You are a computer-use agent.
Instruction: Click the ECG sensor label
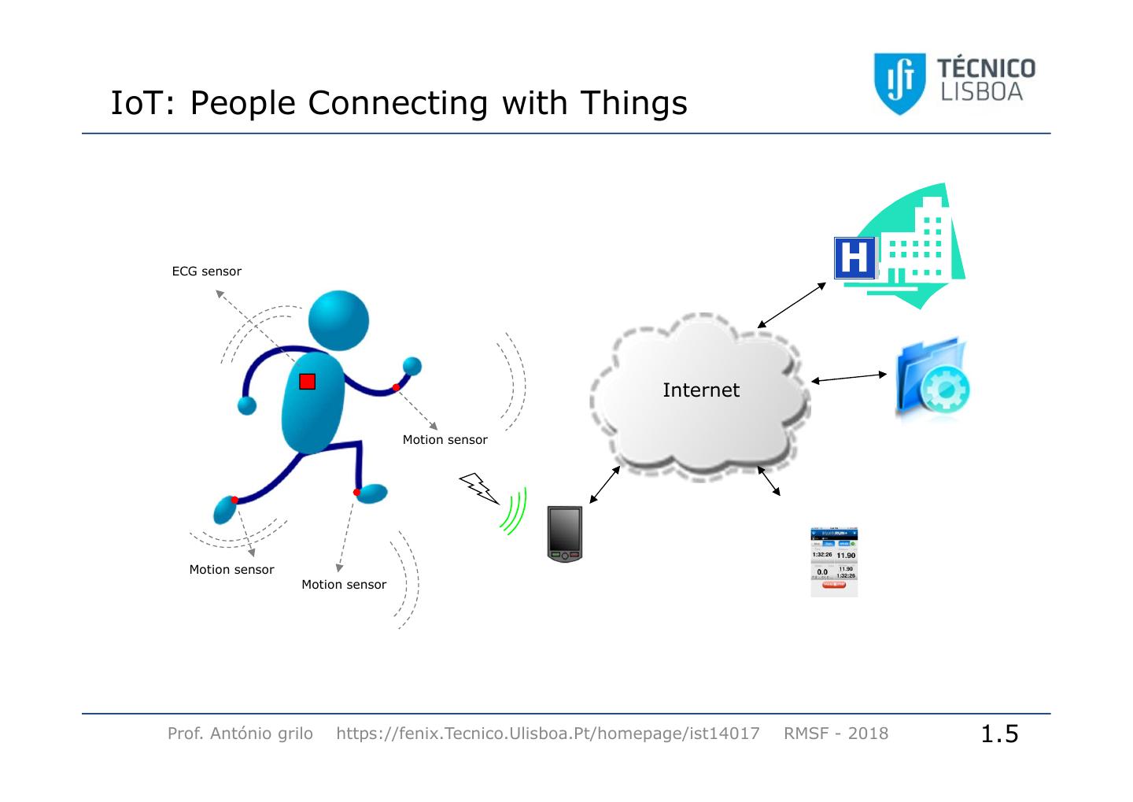coord(206,272)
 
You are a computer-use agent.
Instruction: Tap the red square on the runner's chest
coord(307,382)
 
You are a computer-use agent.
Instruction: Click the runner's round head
coord(338,321)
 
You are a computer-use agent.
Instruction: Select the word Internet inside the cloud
coord(700,390)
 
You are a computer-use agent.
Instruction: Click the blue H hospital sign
coord(854,257)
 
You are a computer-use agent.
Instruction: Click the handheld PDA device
coord(565,533)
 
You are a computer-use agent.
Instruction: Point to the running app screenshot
coord(834,562)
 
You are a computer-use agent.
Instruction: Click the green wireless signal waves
coord(515,512)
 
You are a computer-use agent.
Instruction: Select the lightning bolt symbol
coord(478,488)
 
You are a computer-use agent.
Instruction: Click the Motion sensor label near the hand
coord(445,440)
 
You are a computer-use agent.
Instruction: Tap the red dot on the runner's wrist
coord(397,387)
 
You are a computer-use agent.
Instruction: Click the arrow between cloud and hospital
coord(792,305)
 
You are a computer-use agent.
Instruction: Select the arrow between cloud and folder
coord(848,379)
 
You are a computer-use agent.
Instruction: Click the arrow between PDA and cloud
coord(604,484)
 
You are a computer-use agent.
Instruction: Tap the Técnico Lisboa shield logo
coord(899,83)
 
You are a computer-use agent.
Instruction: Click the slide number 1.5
coord(999,734)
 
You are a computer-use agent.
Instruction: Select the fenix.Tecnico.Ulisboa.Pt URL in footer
coord(548,734)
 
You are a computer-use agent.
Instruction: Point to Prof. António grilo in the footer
coord(240,734)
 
